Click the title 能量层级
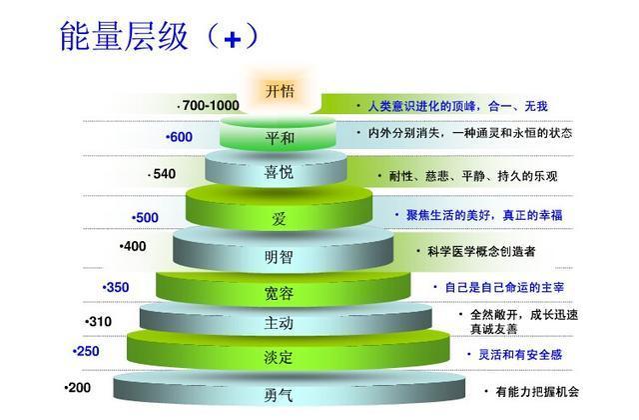click(124, 36)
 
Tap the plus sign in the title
click(233, 40)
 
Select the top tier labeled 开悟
click(280, 91)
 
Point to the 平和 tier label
click(280, 138)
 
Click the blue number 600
click(181, 137)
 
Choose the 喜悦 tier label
click(279, 172)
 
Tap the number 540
click(164, 174)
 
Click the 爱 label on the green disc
click(279, 219)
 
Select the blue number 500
click(147, 218)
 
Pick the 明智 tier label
click(279, 257)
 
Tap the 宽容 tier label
click(279, 293)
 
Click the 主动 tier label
click(279, 323)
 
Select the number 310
click(100, 322)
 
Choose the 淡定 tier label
click(279, 357)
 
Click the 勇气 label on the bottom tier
click(279, 395)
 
